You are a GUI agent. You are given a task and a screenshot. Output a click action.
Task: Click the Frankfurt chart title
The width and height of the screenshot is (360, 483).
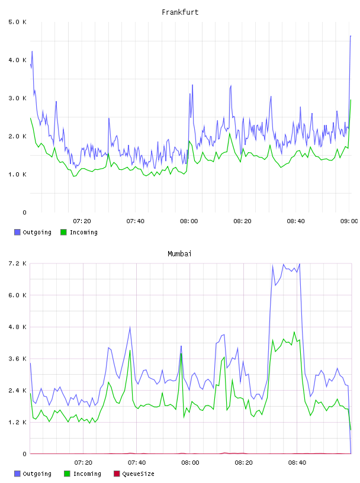[x=180, y=12]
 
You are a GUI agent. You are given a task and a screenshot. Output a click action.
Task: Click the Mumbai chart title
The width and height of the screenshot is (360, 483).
[x=179, y=254]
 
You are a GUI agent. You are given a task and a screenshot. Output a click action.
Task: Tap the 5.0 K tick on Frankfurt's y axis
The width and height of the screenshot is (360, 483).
[x=18, y=22]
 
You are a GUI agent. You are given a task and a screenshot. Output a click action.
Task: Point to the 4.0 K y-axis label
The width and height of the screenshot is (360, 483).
[x=18, y=60]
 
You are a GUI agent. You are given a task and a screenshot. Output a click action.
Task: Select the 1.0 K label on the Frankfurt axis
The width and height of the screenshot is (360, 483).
[x=18, y=175]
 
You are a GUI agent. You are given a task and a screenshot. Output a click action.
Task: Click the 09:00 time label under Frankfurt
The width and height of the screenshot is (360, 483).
[x=349, y=221]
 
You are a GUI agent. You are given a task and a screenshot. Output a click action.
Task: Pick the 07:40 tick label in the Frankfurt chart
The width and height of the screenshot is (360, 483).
[x=136, y=221]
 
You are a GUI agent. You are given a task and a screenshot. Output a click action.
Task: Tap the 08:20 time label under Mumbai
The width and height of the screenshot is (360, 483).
[x=243, y=463]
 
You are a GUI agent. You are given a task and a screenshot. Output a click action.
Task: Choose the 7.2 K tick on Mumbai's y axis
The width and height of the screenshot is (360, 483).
[x=18, y=263]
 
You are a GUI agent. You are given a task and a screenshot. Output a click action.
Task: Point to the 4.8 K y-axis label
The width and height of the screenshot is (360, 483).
[x=18, y=327]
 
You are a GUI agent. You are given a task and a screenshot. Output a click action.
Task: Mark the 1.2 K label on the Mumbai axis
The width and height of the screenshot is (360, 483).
[x=18, y=422]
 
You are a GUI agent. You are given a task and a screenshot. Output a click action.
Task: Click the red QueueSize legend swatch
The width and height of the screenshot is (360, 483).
[x=117, y=474]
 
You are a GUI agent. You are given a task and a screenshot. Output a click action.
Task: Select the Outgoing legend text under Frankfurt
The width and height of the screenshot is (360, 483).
[x=37, y=232]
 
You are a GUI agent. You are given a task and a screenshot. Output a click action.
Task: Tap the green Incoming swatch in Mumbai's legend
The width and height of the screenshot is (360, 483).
[x=67, y=474]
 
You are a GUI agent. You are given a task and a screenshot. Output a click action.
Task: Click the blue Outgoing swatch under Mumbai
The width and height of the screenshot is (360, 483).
[x=17, y=474]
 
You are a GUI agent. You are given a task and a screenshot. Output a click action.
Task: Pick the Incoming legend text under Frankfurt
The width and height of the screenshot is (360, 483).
[x=83, y=232]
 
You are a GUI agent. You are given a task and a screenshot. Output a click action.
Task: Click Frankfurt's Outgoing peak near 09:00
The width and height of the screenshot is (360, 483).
[x=351, y=36]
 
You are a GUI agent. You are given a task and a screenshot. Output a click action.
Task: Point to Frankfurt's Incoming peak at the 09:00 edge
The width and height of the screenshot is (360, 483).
[x=351, y=100]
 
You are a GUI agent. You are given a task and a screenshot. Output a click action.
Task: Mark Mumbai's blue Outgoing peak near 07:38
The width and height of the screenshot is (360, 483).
[x=130, y=327]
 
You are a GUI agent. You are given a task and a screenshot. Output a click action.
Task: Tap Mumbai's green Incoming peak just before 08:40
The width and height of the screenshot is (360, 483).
[x=294, y=332]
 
